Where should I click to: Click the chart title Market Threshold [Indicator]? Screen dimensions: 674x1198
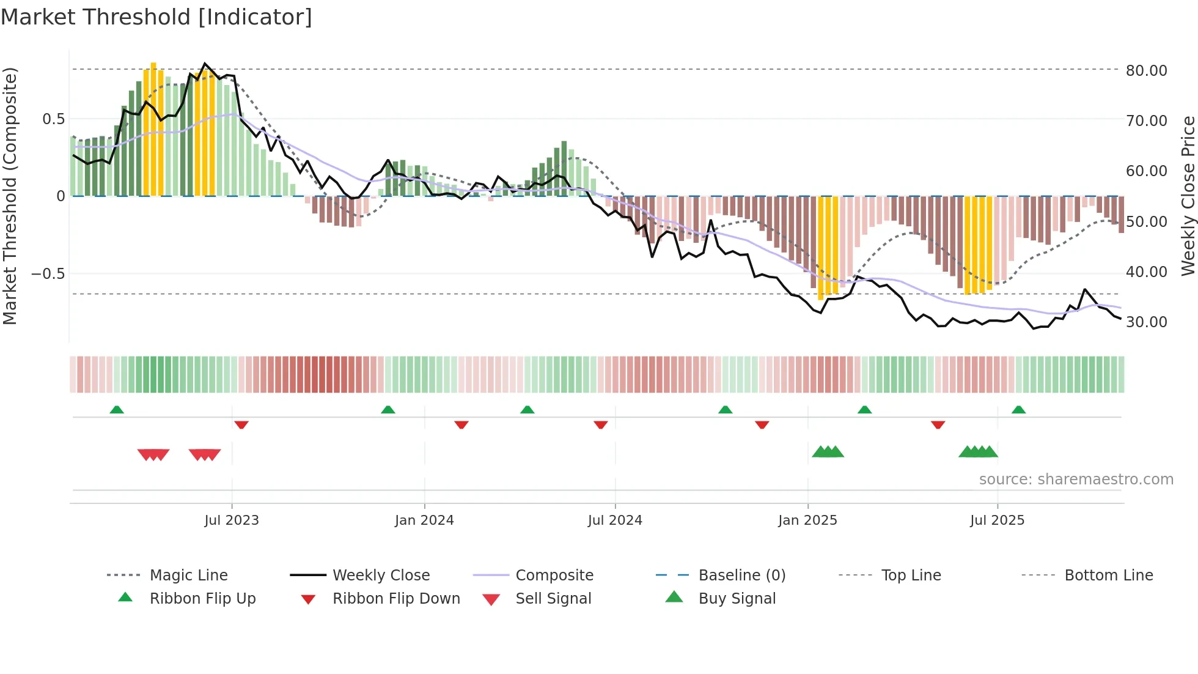coord(156,17)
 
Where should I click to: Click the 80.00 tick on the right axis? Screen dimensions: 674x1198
coord(1146,71)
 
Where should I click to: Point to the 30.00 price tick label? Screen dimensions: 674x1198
coord(1146,322)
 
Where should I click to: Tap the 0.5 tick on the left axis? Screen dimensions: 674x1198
coord(53,119)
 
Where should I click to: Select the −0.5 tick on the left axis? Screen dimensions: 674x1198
coord(48,274)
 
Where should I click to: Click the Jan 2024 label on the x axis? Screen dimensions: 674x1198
coord(424,520)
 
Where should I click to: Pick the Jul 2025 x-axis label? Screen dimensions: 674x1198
coord(997,520)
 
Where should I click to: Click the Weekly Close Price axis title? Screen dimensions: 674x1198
coord(1188,196)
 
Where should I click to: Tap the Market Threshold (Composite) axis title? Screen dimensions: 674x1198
coord(10,196)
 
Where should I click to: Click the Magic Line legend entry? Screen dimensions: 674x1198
coord(188,576)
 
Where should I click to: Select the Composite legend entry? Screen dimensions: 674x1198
coord(554,576)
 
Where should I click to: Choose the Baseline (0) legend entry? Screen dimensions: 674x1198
coord(741,576)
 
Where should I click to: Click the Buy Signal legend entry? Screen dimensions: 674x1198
coord(737,599)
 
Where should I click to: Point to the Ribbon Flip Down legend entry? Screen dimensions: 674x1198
coord(395,599)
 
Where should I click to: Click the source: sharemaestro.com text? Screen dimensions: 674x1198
coord(1076,480)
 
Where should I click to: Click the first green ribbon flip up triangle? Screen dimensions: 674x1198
coord(117,410)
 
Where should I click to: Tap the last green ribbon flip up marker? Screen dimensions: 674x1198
coord(1018,410)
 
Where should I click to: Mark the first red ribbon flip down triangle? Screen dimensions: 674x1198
coord(241,424)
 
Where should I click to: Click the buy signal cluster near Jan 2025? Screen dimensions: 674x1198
coord(828,452)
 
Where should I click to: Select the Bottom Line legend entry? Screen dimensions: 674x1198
coord(1108,576)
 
